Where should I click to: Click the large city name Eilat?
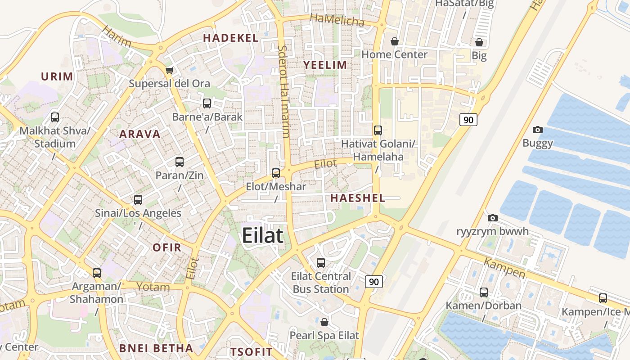[263, 236]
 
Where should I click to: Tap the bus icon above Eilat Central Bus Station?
[321, 262]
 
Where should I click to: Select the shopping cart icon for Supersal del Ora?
[170, 70]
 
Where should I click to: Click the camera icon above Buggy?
[537, 130]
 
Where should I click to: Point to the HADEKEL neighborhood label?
[231, 38]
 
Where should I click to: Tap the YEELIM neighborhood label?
[325, 65]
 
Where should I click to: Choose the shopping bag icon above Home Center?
[395, 41]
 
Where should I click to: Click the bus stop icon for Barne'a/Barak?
[207, 103]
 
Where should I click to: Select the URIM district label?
[57, 76]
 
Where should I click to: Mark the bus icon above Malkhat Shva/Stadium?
[55, 117]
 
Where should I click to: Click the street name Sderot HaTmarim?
[283, 91]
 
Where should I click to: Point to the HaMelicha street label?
[337, 20]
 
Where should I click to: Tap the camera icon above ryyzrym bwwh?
[493, 218]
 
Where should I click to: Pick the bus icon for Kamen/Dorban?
[484, 292]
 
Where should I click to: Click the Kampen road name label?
[504, 268]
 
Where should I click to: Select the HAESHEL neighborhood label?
[358, 198]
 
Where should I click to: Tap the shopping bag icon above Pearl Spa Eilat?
[324, 322]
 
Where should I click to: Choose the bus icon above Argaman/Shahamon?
[97, 273]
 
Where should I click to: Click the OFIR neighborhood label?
[167, 247]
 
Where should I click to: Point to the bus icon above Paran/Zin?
[180, 162]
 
